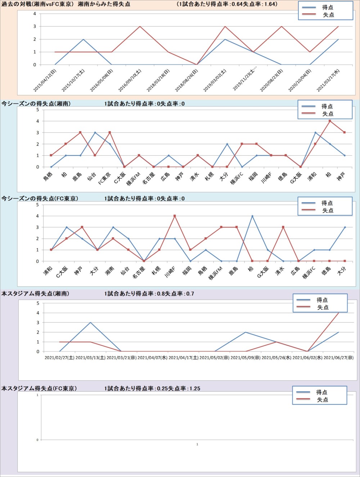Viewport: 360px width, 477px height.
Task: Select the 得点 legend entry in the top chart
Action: pos(327,7)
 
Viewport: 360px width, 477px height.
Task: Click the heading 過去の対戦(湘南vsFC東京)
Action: pos(38,4)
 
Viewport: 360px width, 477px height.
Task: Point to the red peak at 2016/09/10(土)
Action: pos(140,27)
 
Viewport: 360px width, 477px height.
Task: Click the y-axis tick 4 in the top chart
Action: pos(35,14)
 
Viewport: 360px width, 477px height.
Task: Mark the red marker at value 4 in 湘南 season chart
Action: pos(330,121)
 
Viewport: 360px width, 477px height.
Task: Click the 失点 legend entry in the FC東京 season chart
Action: pos(327,210)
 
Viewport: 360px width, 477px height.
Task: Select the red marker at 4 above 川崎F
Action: pos(175,216)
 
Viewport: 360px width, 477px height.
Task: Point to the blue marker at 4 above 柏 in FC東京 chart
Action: pos(252,216)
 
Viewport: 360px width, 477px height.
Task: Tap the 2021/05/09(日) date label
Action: pos(246,358)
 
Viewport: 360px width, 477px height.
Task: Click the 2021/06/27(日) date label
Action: pos(338,358)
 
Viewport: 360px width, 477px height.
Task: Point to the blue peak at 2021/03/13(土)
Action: pos(90,322)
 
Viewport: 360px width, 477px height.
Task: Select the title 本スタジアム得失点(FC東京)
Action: pos(39,389)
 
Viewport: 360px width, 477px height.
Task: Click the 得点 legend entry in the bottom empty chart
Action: pos(321,392)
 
